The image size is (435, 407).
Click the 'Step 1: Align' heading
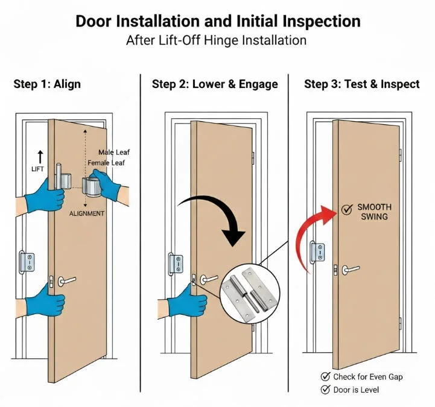(47, 84)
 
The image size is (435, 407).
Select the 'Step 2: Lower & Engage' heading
(215, 84)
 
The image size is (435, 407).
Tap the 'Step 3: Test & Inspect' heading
(362, 84)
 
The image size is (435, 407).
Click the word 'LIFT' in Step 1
(37, 169)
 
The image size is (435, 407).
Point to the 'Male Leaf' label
(114, 153)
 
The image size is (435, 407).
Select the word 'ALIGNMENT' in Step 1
(87, 213)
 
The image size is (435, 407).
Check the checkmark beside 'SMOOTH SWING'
(347, 210)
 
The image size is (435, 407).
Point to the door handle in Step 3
(351, 269)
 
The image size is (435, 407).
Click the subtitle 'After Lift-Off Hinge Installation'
(217, 41)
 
